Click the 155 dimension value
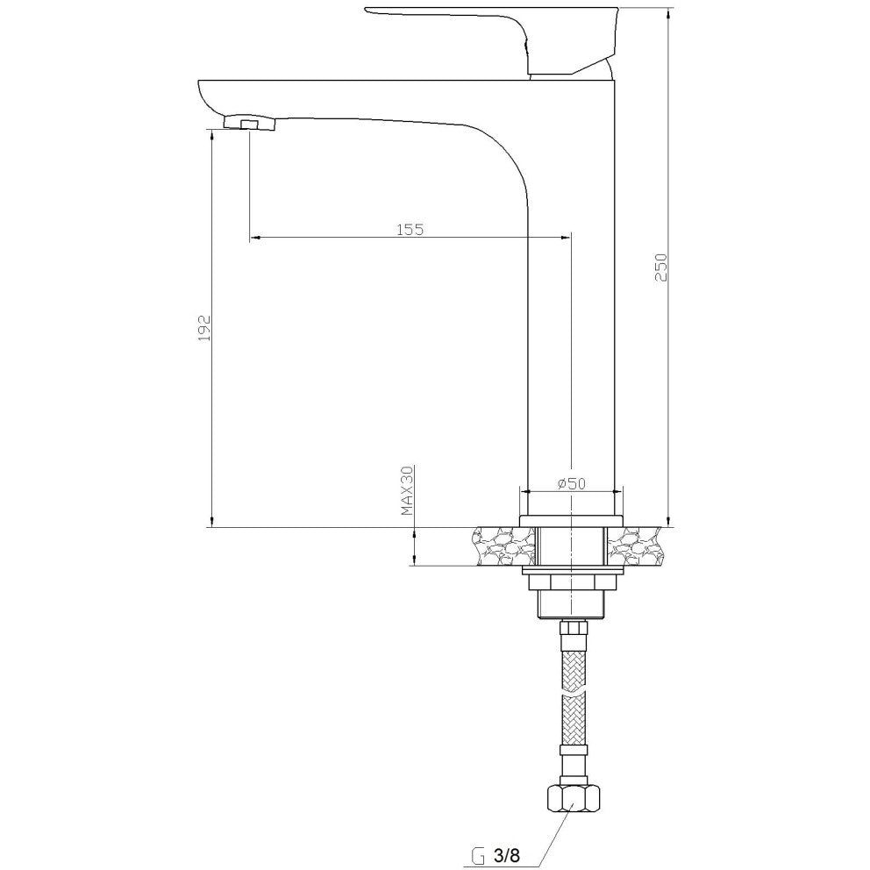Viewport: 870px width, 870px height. point(410,229)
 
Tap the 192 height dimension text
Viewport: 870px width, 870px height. point(205,328)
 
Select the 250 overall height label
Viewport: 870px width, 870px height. point(660,267)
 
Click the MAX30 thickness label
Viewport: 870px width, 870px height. point(408,490)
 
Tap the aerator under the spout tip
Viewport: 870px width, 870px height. point(250,123)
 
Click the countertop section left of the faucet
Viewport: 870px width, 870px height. point(505,546)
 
